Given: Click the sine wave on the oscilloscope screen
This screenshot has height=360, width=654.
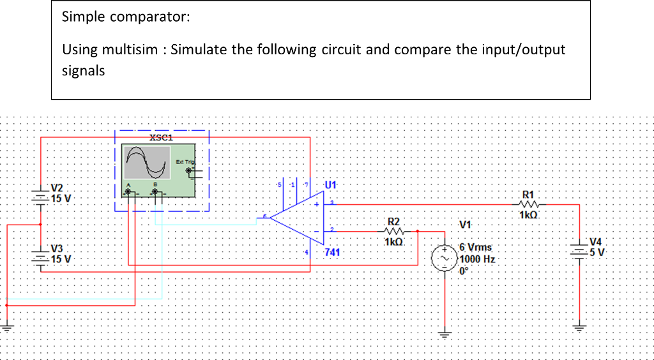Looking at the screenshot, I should coord(148,162).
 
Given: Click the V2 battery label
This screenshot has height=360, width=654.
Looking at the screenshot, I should coord(57,188).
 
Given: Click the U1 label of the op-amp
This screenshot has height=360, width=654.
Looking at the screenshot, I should coord(330,185).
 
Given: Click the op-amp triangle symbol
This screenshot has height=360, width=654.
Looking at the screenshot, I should coord(297,218).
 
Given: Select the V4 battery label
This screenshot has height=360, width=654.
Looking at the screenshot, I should coord(595,241).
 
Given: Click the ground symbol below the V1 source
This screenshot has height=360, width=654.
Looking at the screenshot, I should coord(445,333).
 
